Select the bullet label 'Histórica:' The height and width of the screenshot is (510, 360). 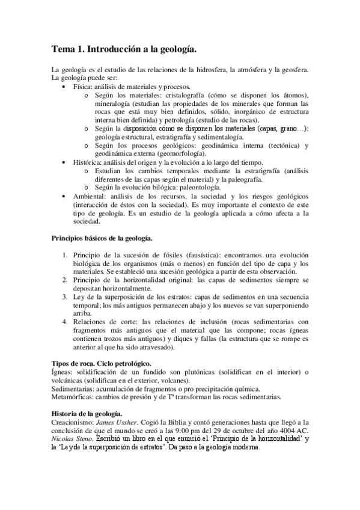[x=87, y=162]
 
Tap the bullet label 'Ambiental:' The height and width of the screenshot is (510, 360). [x=89, y=195]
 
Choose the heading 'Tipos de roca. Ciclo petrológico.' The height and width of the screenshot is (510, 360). [x=101, y=364]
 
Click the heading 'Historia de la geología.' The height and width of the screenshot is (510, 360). [x=87, y=414]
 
